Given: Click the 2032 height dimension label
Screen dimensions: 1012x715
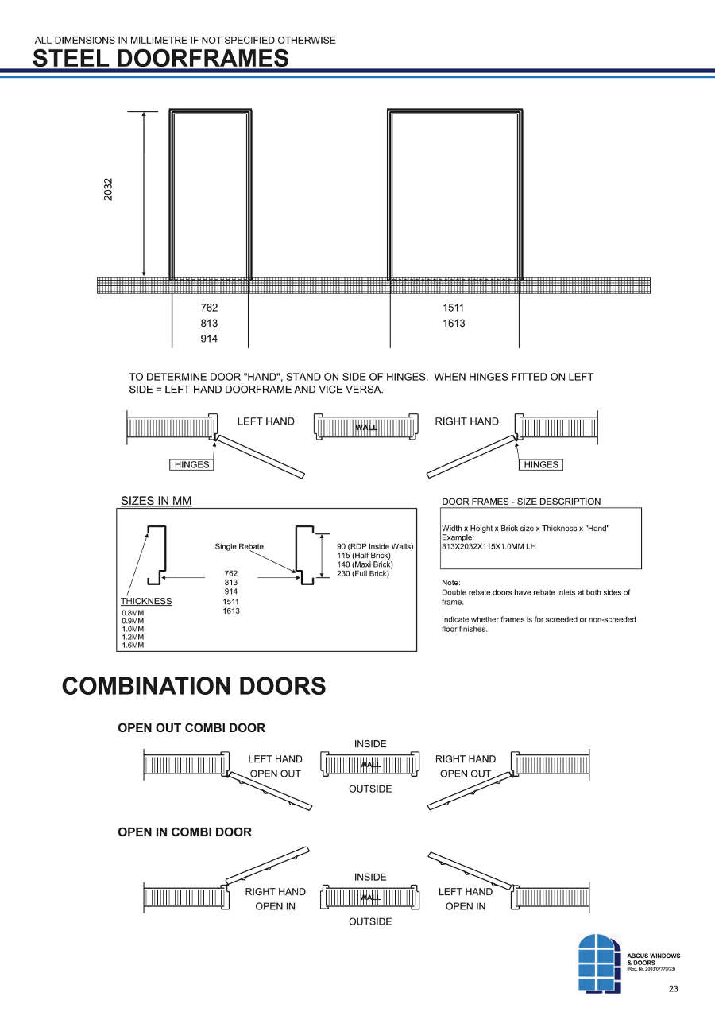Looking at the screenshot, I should tap(108, 189).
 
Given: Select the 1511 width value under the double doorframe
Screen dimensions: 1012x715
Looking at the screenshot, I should tap(454, 308).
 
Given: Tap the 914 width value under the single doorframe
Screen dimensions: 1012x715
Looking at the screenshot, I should tap(209, 339).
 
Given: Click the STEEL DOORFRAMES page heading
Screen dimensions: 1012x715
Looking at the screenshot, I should tap(161, 58).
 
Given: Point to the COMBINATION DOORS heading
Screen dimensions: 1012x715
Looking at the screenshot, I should tap(194, 686).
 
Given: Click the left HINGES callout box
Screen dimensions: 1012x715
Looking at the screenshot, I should tap(191, 464).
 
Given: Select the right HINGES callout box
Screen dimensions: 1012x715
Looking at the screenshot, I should tap(541, 464).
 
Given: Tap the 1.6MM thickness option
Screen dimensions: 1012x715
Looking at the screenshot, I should tap(133, 645).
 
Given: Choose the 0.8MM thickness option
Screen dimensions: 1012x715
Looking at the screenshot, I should tap(133, 613).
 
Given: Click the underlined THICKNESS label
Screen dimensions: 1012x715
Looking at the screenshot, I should tap(146, 601).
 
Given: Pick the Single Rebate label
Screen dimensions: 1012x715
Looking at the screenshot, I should tap(239, 546).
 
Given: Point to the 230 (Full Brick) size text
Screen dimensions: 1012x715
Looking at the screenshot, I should tap(363, 573).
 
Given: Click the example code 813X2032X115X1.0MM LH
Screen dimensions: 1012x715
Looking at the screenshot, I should tap(489, 546).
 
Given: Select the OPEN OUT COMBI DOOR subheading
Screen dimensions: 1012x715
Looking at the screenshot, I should tap(191, 727).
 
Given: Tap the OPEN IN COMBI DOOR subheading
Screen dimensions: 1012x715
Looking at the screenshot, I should tap(184, 832).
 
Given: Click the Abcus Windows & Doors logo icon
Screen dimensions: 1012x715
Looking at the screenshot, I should tap(600, 963).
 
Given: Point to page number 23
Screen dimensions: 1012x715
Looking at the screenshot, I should tap(674, 989).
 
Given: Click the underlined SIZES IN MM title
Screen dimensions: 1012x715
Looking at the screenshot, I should tap(156, 501).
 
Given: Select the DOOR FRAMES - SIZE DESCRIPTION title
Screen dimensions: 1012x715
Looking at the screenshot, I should tap(521, 502).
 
